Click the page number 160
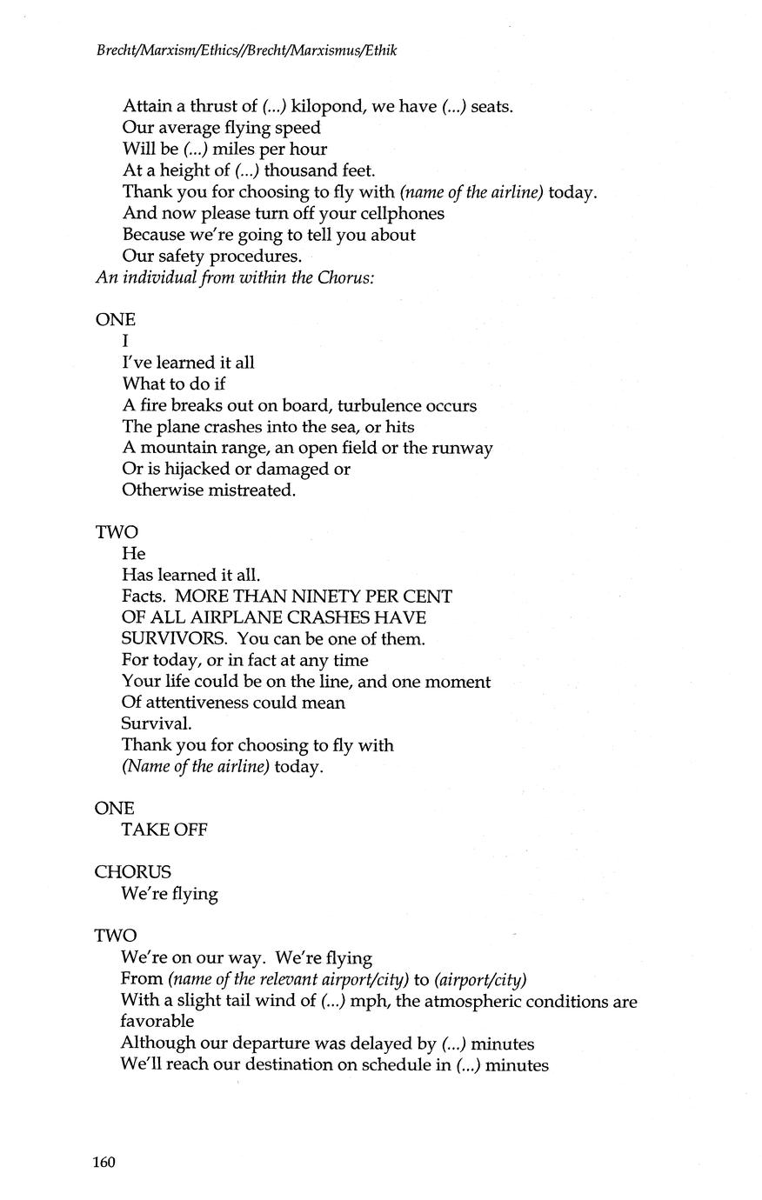tap(105, 1163)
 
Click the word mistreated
tap(247, 490)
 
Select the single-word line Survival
tap(157, 723)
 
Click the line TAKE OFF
tap(164, 830)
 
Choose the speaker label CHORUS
tap(133, 872)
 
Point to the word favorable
tap(157, 1021)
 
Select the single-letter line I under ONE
tap(126, 342)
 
